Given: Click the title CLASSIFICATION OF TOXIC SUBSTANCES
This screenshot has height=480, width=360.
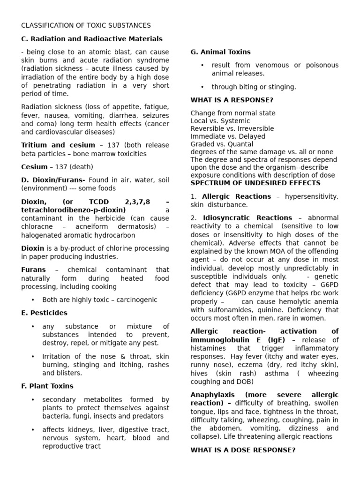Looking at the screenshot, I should pos(86,25).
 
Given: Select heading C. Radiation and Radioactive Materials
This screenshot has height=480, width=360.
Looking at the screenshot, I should pos(92,39).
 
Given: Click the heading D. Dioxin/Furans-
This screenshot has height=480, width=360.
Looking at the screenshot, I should pos(53,180).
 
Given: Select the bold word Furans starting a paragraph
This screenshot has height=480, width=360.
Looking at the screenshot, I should pos(34,270).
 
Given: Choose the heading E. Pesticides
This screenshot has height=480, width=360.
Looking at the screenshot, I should pos(44,313).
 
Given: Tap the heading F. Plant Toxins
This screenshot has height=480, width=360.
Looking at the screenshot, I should pos(47,386).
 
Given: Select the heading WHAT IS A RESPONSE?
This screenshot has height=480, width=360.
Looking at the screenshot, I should pos(232,100).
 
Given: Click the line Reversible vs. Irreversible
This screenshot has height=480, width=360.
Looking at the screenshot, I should pos(232,129).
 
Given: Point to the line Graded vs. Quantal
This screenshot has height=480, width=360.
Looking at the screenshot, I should pos(222,144).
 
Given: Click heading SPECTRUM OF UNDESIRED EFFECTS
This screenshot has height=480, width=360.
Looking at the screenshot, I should pos(255,183).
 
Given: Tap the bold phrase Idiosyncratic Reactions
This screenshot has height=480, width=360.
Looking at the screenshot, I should pos(247,218).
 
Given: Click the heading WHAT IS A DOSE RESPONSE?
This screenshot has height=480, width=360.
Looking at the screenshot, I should pos(243,450).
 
